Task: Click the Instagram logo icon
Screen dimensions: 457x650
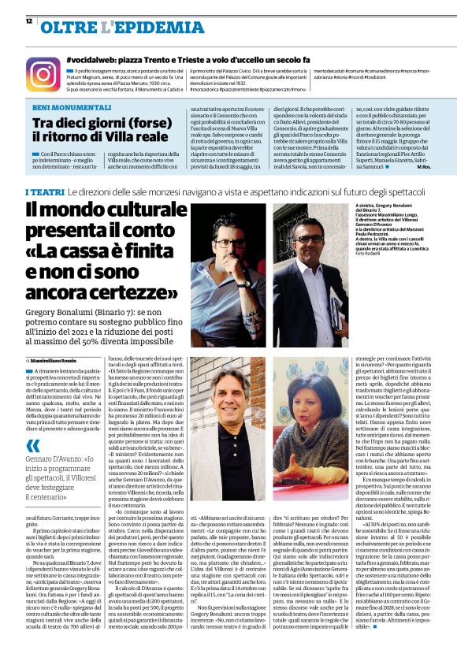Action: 43,73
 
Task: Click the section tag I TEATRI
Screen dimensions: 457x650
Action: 44,192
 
